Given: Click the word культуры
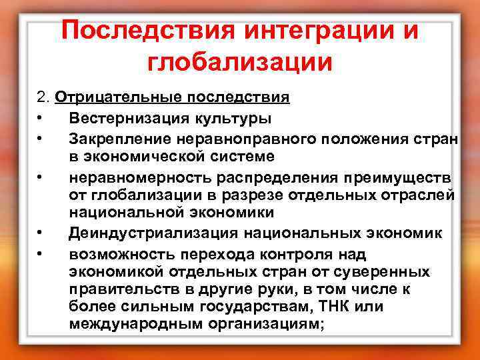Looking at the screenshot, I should tap(231, 119).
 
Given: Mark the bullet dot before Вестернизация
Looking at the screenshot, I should tap(41, 119).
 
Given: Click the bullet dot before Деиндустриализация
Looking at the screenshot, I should tap(41, 234).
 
